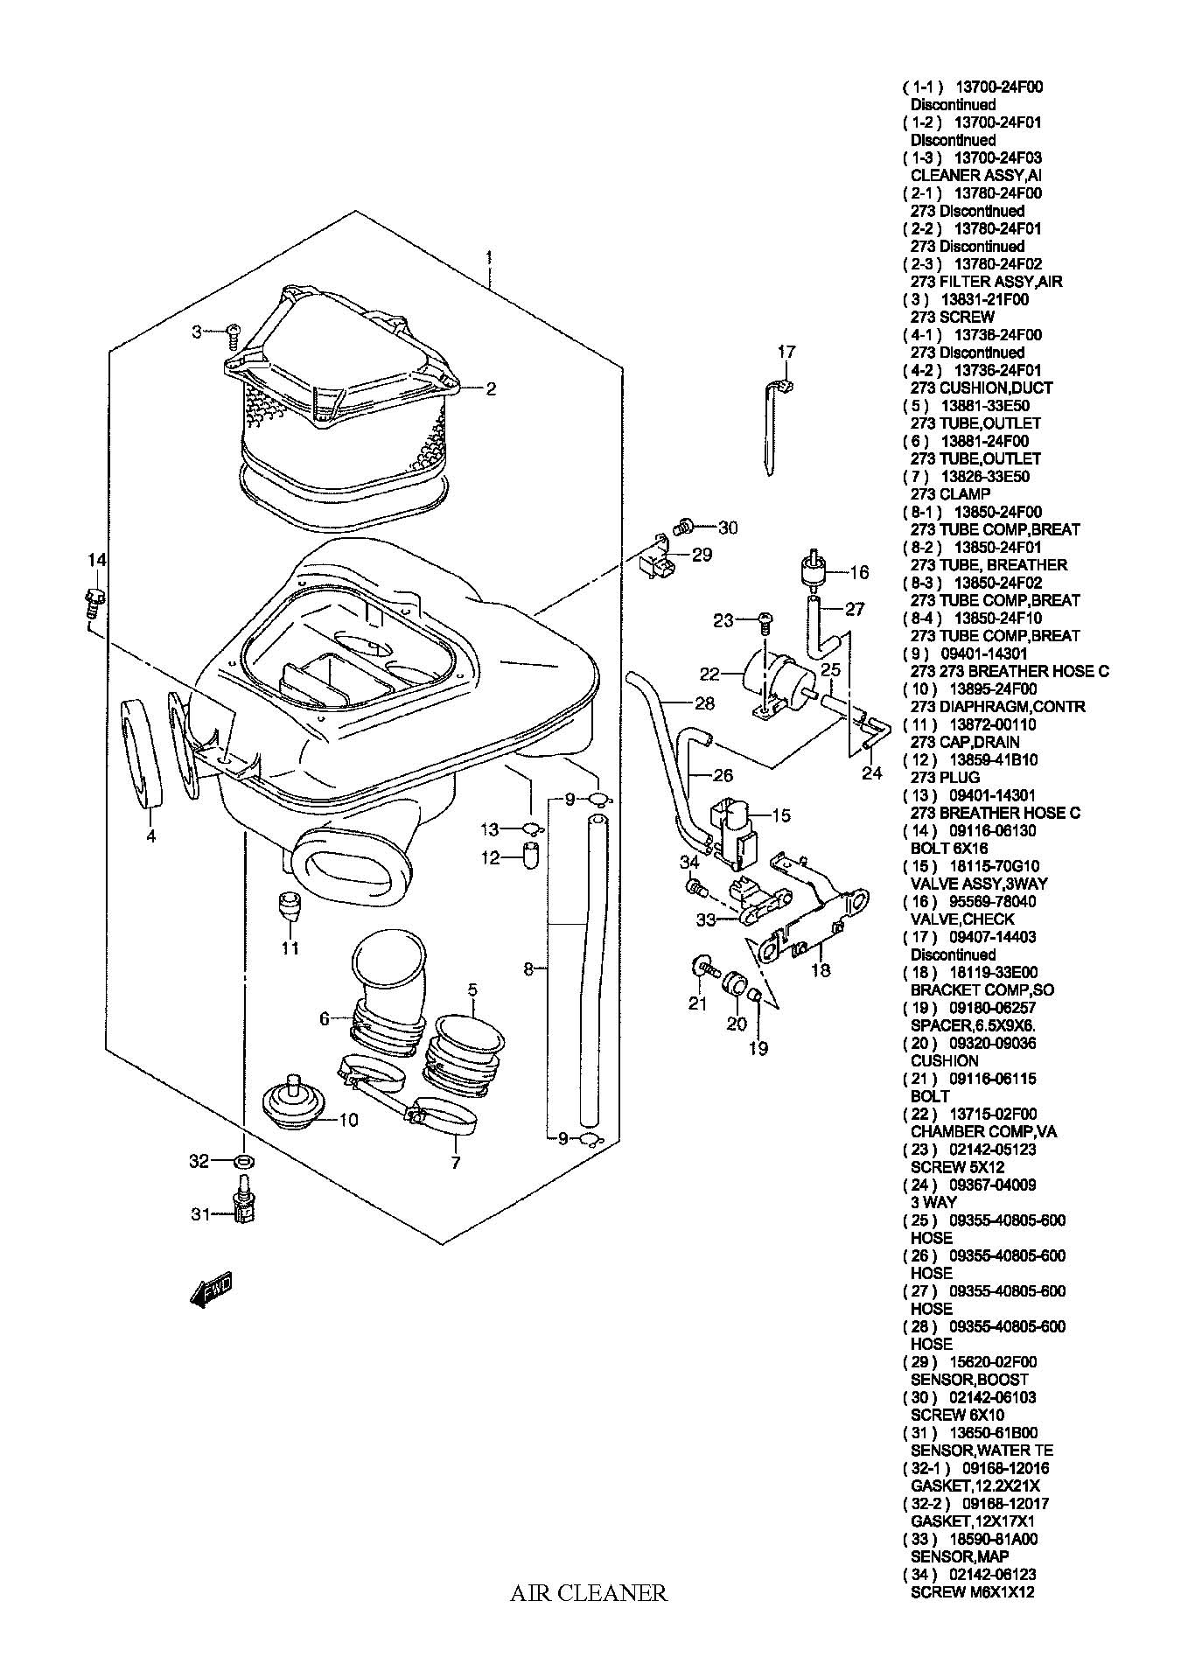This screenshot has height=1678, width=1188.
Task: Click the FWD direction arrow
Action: pos(211,1290)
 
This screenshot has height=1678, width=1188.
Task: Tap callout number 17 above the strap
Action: pos(786,352)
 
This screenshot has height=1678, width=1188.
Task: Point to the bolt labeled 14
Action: pos(94,600)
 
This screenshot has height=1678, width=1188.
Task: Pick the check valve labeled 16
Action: pos(813,570)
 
